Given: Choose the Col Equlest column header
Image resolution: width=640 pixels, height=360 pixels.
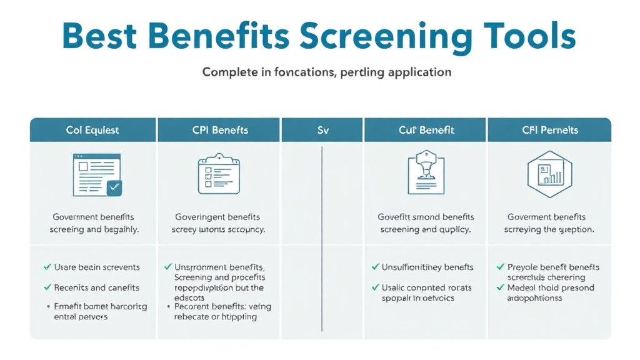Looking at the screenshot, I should click(92, 130).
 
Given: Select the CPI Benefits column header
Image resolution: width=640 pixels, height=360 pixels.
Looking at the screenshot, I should click(220, 130).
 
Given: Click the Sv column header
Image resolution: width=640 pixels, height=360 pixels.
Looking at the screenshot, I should click(322, 130).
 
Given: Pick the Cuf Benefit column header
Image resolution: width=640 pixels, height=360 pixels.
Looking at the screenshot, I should click(426, 130).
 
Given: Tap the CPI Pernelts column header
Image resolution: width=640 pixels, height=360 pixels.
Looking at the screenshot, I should click(550, 130).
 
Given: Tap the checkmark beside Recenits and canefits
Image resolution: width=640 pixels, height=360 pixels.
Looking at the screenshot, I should click(47, 287).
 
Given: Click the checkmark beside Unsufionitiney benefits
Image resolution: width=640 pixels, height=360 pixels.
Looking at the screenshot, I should click(376, 267).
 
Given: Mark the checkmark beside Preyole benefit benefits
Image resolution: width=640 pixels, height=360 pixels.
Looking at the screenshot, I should click(501, 267).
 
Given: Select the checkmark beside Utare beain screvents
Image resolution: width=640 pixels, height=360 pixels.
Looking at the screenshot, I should click(47, 267).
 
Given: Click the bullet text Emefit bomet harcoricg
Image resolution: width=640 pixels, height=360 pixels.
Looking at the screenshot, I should click(100, 306).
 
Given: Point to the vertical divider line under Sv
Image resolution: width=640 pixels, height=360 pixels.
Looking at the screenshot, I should click(321, 237).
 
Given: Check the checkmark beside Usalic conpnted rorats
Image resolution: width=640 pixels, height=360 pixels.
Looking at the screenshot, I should click(376, 288).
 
